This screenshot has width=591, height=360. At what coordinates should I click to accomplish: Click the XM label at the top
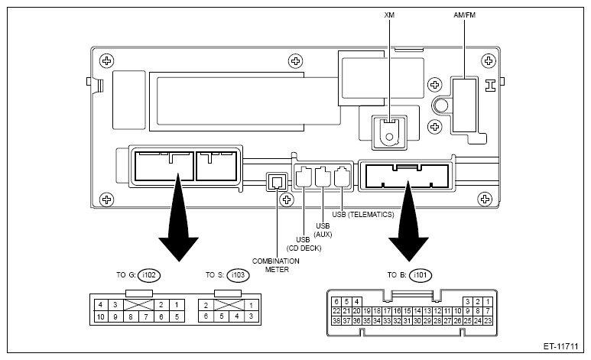coord(389,15)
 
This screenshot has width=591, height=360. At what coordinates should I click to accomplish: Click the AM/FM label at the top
coord(464,15)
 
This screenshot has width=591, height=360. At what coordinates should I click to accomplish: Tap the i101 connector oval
coord(421,275)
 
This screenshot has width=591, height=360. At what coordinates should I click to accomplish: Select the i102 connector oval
coord(149,275)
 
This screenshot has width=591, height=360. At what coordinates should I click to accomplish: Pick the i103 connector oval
coord(239,275)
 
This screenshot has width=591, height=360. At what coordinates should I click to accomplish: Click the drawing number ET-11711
coord(560,346)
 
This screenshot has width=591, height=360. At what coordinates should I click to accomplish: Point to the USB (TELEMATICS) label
coord(363,215)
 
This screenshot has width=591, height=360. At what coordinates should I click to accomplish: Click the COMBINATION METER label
coord(276,265)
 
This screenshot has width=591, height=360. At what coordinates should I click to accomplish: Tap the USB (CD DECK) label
coord(304,244)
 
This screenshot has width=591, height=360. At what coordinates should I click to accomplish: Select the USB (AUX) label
coord(323,230)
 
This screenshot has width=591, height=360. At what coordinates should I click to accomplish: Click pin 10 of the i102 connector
coord(100,316)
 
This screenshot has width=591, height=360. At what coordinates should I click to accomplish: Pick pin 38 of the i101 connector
coord(336,321)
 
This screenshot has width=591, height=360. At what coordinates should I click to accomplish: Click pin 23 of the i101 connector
coord(488,321)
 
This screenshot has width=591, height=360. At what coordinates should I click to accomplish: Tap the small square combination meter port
coord(277,182)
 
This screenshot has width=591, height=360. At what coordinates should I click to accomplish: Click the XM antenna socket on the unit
coord(390,132)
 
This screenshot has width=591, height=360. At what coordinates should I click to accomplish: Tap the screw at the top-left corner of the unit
coord(107,60)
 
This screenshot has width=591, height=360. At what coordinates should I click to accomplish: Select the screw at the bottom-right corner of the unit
coord(485,199)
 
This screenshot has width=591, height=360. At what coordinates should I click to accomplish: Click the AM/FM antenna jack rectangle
coord(464,105)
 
